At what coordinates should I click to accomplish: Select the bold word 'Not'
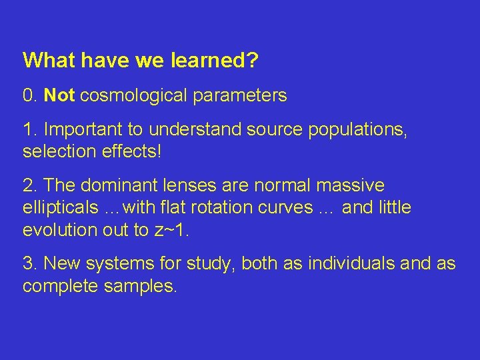click(59, 96)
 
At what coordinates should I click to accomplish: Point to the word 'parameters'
click(240, 96)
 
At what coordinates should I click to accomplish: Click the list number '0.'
click(30, 96)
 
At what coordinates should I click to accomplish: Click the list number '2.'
click(30, 185)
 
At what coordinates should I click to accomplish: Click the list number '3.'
click(30, 264)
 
